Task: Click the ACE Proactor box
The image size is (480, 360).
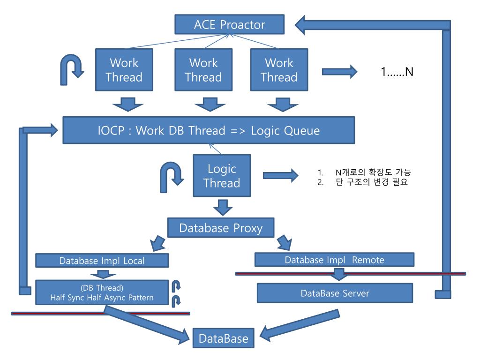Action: click(229, 24)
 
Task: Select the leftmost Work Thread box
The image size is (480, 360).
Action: click(124, 70)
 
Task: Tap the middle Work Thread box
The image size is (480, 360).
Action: click(203, 70)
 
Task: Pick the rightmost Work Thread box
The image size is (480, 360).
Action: click(279, 70)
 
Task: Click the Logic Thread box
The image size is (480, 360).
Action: click(222, 175)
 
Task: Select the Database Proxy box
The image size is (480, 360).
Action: click(221, 228)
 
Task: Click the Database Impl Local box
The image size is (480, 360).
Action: click(102, 261)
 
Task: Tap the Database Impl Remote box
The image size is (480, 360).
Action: click(334, 260)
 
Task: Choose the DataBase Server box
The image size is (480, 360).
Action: click(335, 293)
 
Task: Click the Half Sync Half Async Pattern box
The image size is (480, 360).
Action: click(102, 292)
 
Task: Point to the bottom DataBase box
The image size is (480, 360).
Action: click(223, 338)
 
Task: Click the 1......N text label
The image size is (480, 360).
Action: click(397, 72)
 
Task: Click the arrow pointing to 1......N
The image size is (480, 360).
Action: click(339, 72)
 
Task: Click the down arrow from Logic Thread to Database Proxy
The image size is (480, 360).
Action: click(223, 207)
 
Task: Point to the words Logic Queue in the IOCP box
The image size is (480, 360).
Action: click(285, 131)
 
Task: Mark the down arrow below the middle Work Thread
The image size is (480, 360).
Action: click(210, 105)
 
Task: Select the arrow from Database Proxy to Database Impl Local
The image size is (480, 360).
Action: click(158, 243)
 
